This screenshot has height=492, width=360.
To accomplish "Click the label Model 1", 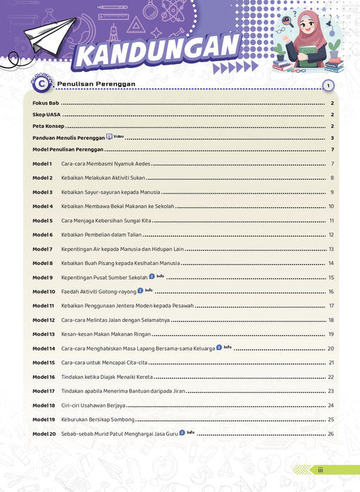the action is pyautogui.click(x=42, y=164).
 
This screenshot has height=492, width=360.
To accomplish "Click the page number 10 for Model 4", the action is pyautogui.click(x=330, y=207).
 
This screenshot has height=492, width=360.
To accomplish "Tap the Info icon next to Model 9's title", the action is pyautogui.click(x=151, y=277).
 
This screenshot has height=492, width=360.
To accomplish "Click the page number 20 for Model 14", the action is pyautogui.click(x=330, y=349).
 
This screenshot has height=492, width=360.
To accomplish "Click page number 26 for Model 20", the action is pyautogui.click(x=330, y=434).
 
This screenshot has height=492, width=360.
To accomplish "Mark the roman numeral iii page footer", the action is pyautogui.click(x=320, y=470).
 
